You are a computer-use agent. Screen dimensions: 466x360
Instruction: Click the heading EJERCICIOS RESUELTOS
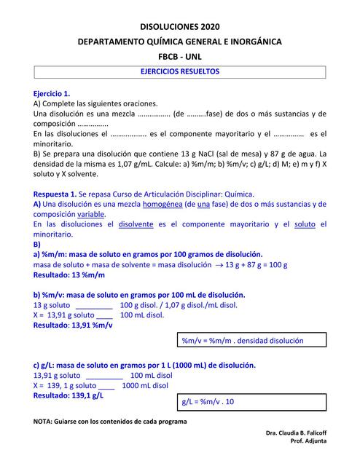click(179, 72)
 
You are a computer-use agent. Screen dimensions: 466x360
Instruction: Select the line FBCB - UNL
click(179, 56)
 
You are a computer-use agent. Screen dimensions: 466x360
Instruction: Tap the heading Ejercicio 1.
click(52, 94)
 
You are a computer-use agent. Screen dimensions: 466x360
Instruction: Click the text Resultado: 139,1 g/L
click(69, 395)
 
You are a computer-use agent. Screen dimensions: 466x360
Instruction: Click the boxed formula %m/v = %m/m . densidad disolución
click(242, 340)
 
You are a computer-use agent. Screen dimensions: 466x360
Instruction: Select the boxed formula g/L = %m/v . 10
click(208, 401)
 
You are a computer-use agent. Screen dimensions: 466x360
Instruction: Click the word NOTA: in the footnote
click(44, 422)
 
